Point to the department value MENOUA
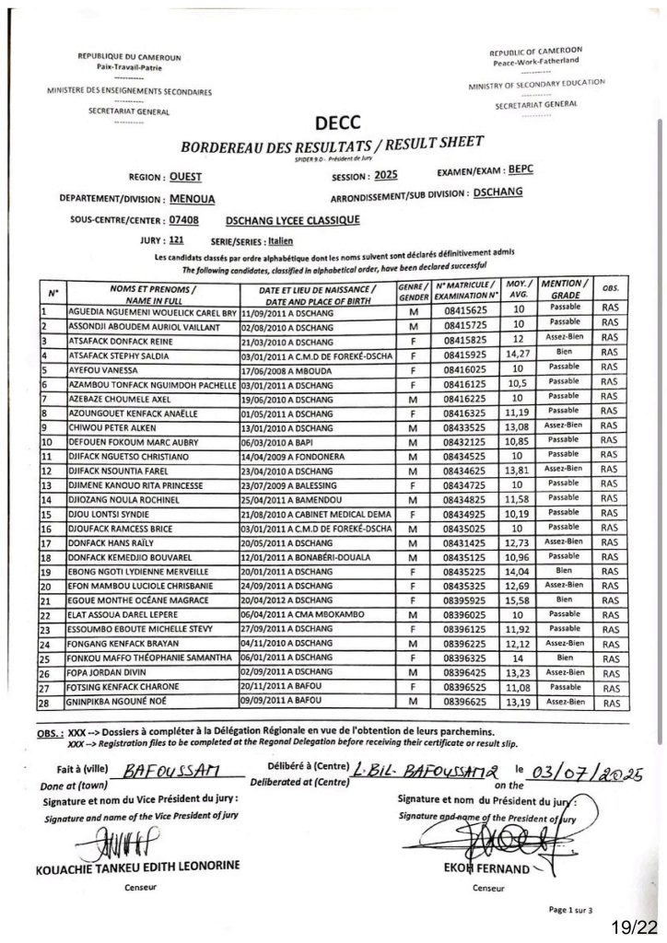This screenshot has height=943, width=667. [x=194, y=198]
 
